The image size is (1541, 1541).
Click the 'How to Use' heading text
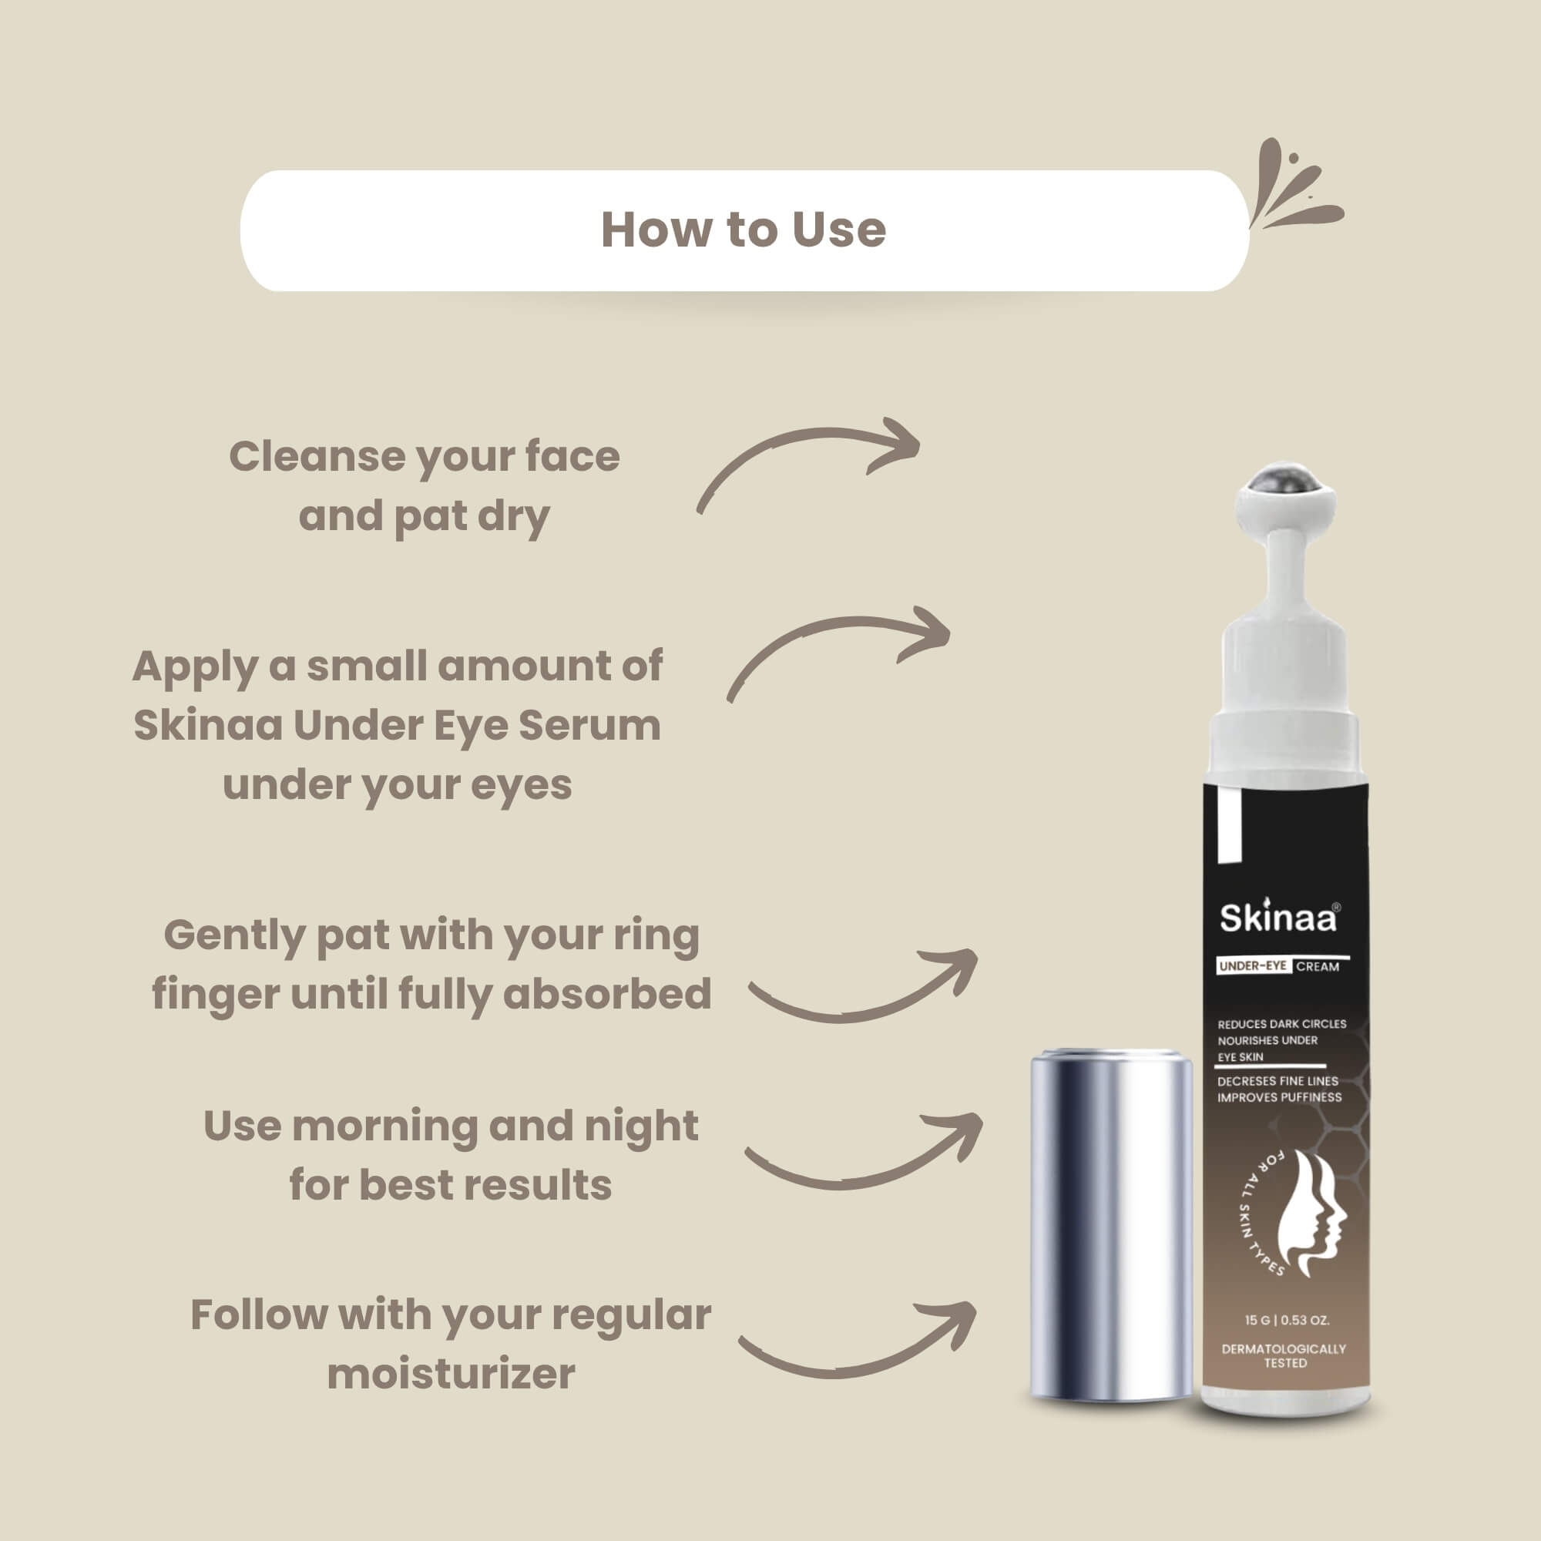[x=744, y=230]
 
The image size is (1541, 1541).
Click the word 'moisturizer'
[x=452, y=1375]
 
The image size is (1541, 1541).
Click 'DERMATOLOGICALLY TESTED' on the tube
[x=1284, y=1356]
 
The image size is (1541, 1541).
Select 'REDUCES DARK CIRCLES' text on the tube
[x=1282, y=1024]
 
